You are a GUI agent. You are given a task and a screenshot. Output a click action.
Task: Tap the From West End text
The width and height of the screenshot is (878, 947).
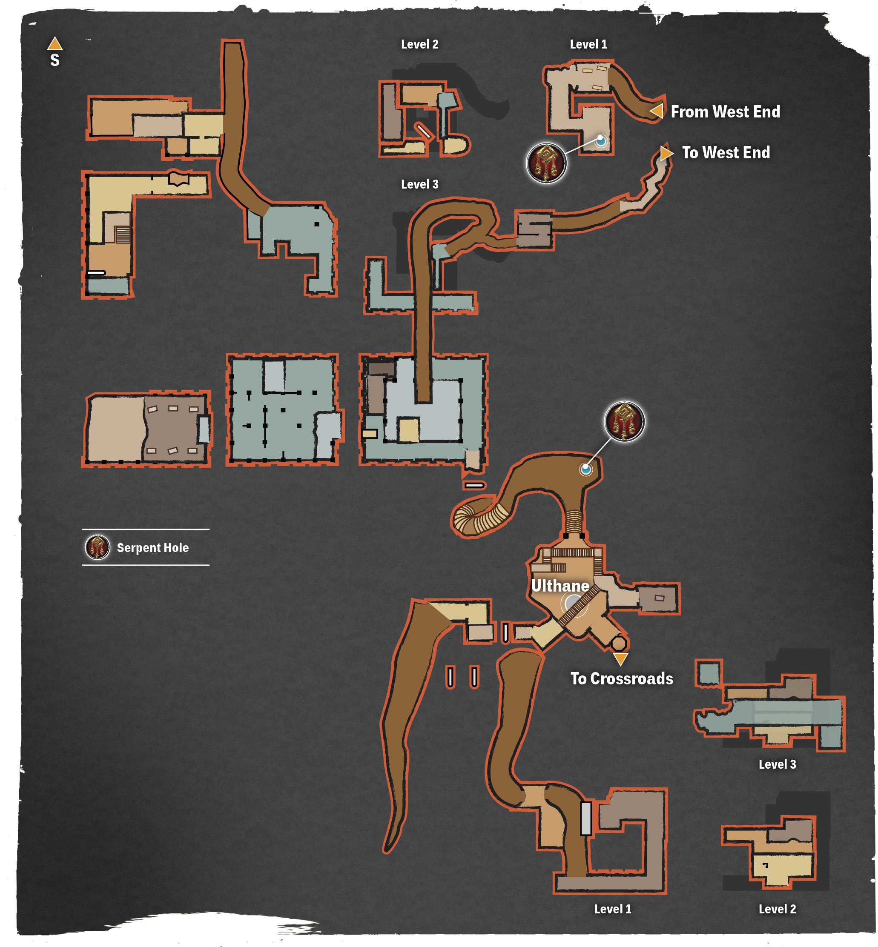(x=725, y=112)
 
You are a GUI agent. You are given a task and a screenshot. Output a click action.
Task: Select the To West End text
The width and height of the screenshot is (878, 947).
(x=726, y=152)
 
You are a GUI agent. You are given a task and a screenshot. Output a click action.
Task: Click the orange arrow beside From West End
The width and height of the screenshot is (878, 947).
(x=657, y=111)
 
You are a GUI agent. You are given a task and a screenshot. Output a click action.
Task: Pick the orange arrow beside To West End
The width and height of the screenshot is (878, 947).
(x=666, y=153)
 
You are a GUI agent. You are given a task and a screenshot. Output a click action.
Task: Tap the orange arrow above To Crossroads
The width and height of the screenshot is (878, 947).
(x=620, y=659)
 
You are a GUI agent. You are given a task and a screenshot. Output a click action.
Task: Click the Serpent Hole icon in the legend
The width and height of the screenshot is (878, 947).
(x=98, y=547)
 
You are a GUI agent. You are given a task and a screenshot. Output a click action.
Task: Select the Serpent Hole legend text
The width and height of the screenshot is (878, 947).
(x=152, y=548)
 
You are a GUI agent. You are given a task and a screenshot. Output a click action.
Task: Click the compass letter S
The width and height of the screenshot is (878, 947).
(x=55, y=60)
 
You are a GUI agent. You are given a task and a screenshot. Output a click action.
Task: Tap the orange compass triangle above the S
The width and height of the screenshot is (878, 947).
(x=55, y=44)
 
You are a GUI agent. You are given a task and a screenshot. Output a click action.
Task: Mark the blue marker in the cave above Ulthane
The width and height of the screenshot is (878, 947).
(x=586, y=469)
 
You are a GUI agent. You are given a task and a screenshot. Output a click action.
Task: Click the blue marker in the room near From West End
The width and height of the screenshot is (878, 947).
(x=601, y=140)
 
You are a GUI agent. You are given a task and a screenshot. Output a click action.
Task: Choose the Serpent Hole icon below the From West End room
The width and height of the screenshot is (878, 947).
(x=546, y=163)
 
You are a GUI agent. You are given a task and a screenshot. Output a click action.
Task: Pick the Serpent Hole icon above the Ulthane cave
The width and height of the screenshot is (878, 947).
(x=624, y=421)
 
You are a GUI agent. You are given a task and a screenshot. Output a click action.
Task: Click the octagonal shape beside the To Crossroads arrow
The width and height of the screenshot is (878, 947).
(x=619, y=644)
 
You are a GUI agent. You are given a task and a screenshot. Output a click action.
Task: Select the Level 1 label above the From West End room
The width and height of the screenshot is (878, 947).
(x=588, y=44)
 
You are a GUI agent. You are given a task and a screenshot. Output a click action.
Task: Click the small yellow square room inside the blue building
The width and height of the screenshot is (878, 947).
(x=409, y=430)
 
